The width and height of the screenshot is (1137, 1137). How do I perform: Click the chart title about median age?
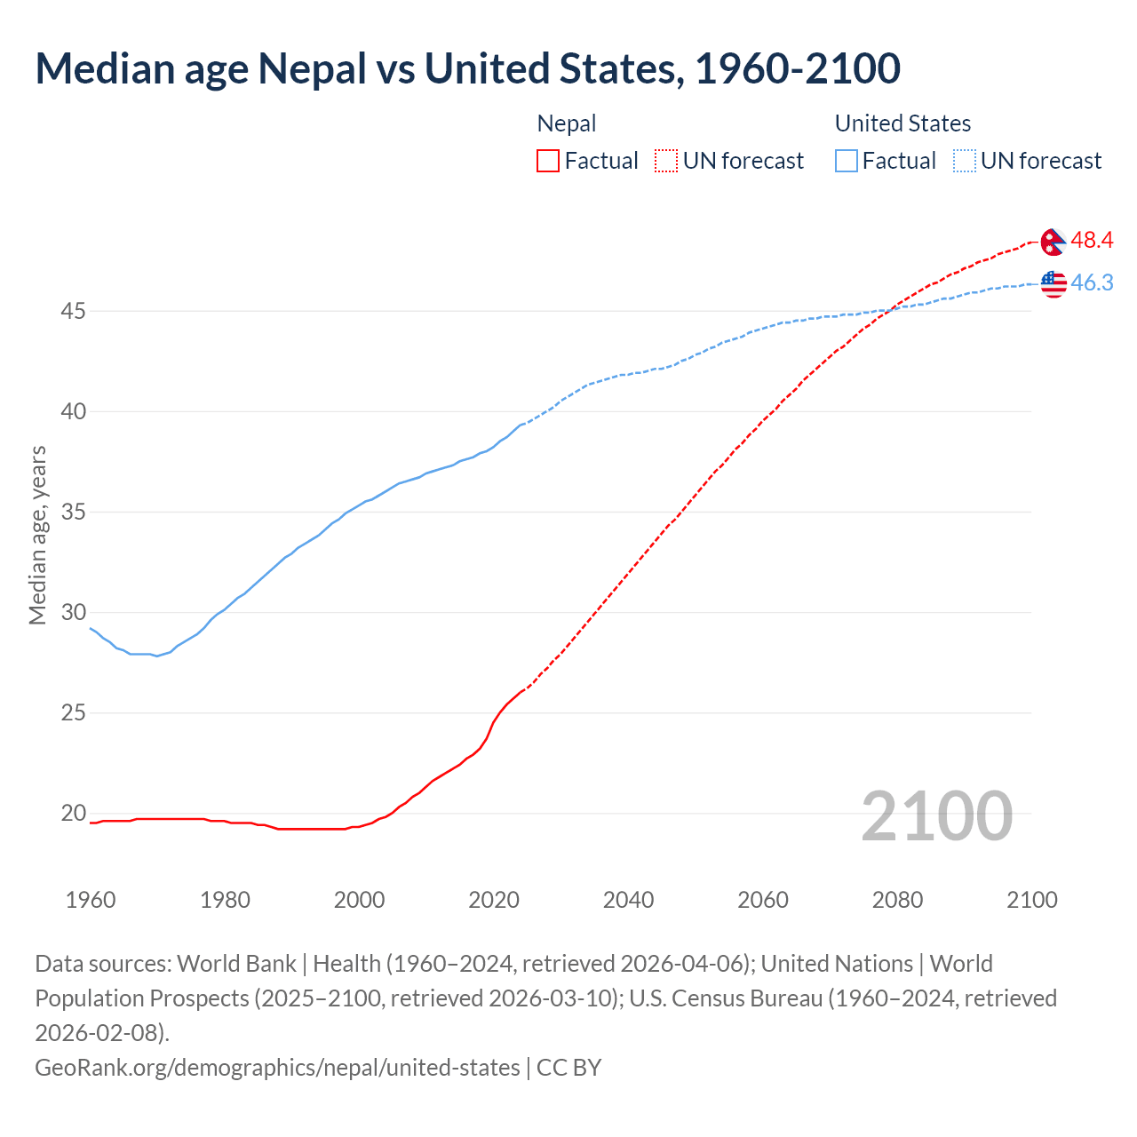coord(467,68)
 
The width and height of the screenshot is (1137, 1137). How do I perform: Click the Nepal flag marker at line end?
coord(1053,242)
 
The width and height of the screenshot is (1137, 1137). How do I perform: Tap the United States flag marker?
coord(1053,283)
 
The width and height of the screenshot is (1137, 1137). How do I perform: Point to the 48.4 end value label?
coord(1092,241)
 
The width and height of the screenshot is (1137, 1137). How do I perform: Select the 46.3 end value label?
coord(1092,283)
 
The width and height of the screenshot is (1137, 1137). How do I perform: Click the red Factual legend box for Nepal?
coord(548,161)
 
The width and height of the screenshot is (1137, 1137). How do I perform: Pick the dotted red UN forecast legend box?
coord(666,161)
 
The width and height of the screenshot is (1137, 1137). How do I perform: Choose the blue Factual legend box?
coord(847,161)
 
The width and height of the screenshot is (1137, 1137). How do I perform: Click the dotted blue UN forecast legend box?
coord(964,161)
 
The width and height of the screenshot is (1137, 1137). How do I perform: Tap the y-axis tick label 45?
coord(73,312)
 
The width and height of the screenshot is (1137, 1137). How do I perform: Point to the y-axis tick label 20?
coord(73,814)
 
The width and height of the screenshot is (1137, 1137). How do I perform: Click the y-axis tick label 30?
coord(73,613)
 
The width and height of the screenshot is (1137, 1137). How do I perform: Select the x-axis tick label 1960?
coord(91,900)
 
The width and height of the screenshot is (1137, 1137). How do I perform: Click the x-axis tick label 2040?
coord(628,900)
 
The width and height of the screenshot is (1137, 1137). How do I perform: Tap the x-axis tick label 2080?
coord(897,900)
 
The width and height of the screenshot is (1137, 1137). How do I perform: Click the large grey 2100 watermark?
coord(936,816)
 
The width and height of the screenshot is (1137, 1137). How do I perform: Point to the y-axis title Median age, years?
coord(37,536)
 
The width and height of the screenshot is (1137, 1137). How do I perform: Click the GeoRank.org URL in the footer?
coord(277,1067)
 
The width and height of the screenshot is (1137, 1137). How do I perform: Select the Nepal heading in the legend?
coord(567,123)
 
